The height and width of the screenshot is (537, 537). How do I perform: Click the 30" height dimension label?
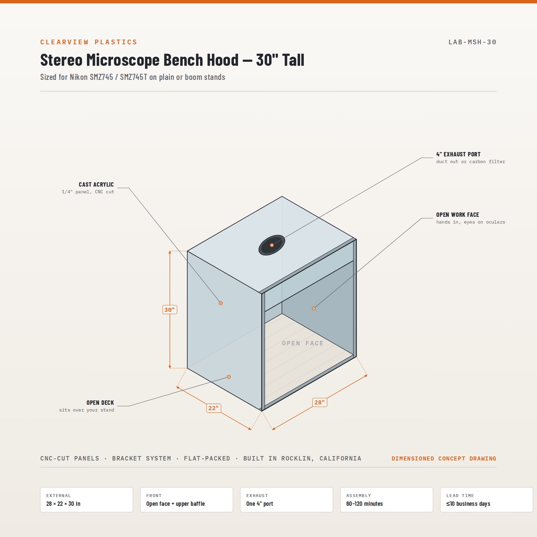click(169, 309)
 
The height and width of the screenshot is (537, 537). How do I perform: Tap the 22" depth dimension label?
click(213, 408)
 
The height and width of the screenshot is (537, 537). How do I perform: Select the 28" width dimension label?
click(320, 402)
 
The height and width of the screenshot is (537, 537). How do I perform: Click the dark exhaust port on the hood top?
click(272, 245)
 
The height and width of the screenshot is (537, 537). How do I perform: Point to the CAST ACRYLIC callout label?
click(96, 185)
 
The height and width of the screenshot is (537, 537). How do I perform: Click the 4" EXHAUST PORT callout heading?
click(458, 154)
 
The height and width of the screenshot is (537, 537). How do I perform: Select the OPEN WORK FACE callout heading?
click(458, 215)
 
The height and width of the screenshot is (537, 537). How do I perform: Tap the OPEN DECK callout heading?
click(100, 403)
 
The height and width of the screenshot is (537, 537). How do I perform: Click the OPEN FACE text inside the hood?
click(303, 343)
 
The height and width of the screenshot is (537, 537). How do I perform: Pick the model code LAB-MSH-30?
click(473, 42)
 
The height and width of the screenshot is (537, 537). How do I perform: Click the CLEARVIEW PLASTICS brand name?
click(89, 42)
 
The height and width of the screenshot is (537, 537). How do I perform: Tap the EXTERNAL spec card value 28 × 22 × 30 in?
click(63, 504)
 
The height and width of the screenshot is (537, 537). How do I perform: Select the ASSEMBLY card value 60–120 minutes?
click(364, 504)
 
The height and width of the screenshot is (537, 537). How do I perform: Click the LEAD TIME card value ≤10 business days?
click(468, 504)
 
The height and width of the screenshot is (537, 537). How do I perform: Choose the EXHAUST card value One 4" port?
click(260, 504)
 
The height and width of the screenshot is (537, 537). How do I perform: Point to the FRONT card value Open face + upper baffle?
click(176, 504)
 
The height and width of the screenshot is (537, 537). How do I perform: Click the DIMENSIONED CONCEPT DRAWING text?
click(444, 458)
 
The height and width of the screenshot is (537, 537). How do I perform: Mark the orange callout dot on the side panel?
click(221, 303)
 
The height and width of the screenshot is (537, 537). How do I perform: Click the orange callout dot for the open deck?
click(229, 377)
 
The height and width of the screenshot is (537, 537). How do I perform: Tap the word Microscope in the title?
click(123, 60)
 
